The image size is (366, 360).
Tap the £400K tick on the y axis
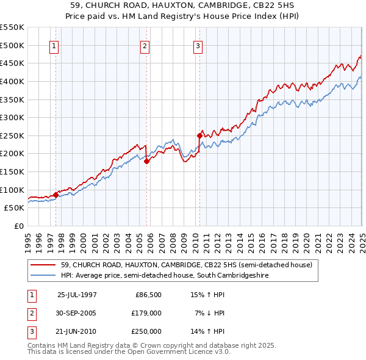pyautogui.click(x=12, y=81)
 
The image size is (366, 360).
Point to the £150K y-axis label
pyautogui.click(x=12, y=171)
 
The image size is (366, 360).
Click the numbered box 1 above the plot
pyautogui.click(x=54, y=45)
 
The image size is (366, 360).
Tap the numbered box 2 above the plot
pyautogui.click(x=145, y=45)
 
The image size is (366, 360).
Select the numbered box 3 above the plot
pyautogui.click(x=198, y=45)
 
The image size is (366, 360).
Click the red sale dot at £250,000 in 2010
pyautogui.click(x=199, y=135)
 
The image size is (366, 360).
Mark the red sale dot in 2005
pyautogui.click(x=147, y=161)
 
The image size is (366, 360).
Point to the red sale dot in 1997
pyautogui.click(x=56, y=195)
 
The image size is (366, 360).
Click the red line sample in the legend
pyautogui.click(x=43, y=265)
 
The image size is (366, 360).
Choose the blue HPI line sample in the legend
pyautogui.click(x=43, y=275)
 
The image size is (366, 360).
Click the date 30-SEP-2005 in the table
pyautogui.click(x=77, y=313)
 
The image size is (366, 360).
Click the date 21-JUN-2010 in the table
pyautogui.click(x=77, y=331)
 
